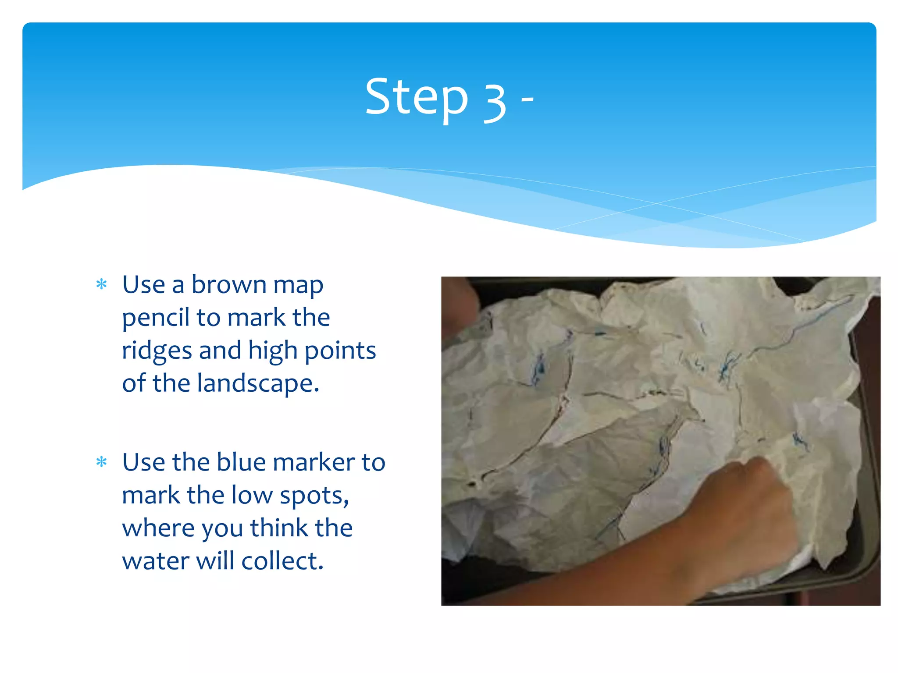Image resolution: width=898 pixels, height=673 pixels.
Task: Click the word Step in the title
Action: click(417, 97)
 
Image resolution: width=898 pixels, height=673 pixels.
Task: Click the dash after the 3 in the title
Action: click(527, 100)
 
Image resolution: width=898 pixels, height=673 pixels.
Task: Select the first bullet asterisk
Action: click(102, 285)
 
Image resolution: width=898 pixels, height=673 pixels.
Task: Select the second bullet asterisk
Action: click(102, 462)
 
